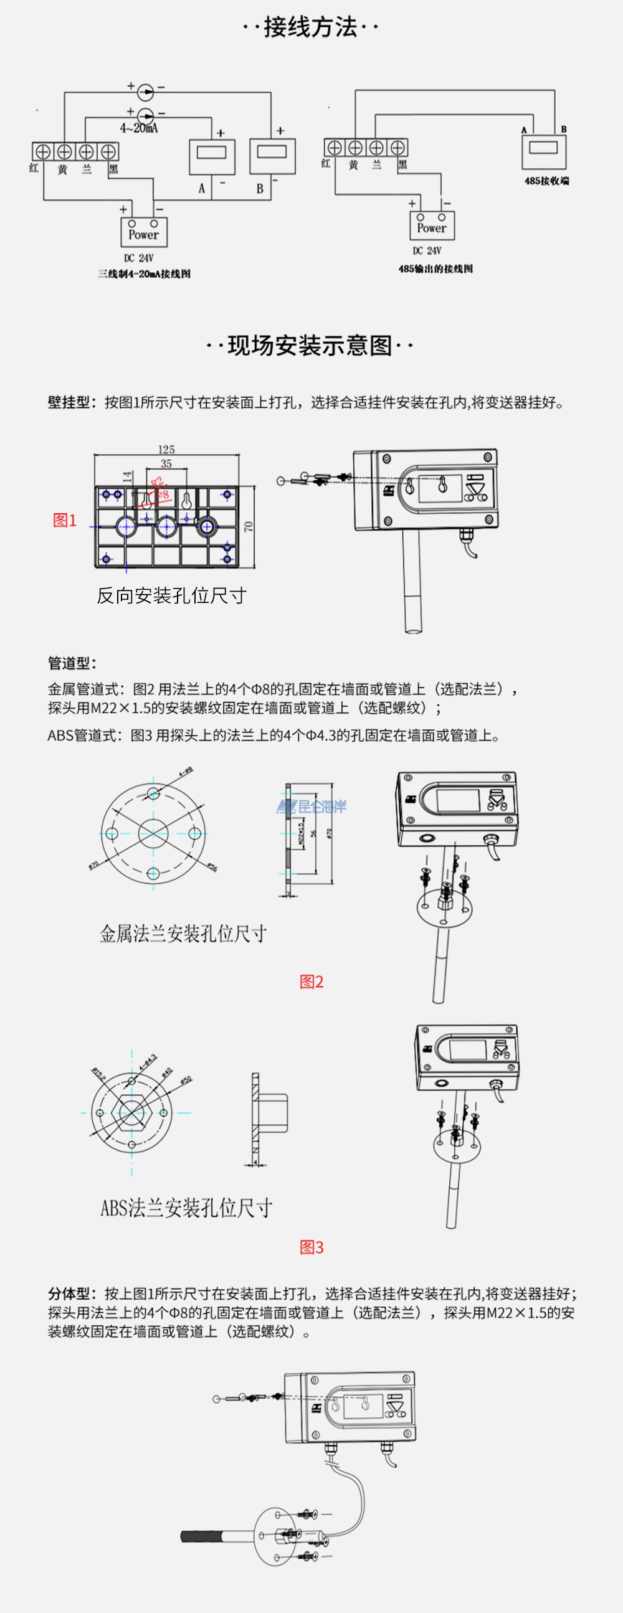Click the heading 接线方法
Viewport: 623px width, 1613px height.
click(x=310, y=27)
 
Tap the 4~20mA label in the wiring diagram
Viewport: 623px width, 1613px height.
click(x=138, y=128)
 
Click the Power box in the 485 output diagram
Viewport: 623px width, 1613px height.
click(x=431, y=226)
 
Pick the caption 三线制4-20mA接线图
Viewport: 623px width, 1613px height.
click(x=143, y=273)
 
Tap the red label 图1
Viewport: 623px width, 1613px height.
click(x=65, y=520)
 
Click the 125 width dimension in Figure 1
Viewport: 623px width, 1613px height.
click(x=166, y=450)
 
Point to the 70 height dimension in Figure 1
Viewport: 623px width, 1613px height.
click(x=249, y=526)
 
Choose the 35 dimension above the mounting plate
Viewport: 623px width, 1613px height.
click(x=166, y=464)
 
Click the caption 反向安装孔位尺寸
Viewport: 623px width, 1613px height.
click(x=171, y=595)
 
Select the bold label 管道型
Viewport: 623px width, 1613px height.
click(x=72, y=663)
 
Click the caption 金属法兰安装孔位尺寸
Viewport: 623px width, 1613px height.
click(x=183, y=934)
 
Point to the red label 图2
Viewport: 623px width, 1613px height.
click(x=311, y=982)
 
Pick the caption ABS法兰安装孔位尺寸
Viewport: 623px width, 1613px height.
click(x=186, y=1207)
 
